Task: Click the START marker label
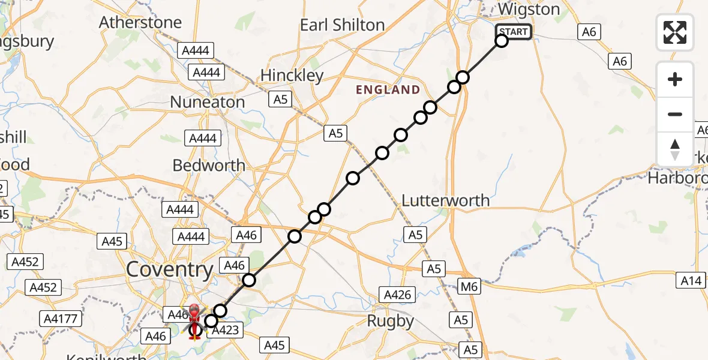(x=514, y=32)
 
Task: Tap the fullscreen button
(x=675, y=32)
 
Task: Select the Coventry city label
(x=170, y=270)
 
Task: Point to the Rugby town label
(x=391, y=322)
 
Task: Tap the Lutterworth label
(x=446, y=200)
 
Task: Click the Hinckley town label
(x=292, y=76)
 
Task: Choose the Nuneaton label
(x=208, y=102)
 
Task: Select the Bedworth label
(x=209, y=165)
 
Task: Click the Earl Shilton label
(x=342, y=25)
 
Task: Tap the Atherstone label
(x=140, y=23)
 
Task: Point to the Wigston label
(x=529, y=10)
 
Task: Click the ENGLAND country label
(x=388, y=90)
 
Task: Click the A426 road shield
(x=398, y=294)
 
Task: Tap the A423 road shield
(x=226, y=329)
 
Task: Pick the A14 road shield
(x=692, y=280)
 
